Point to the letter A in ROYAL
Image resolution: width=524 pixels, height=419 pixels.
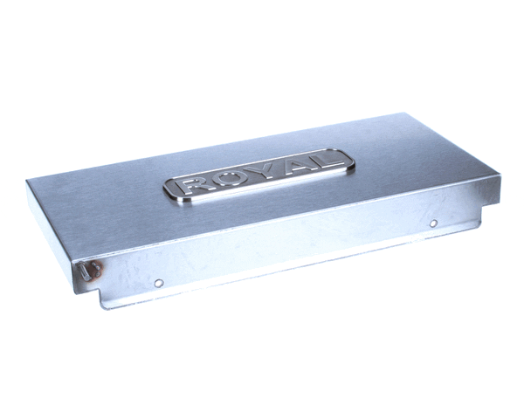[x=290, y=168]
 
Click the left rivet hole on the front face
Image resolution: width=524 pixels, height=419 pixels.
[x=158, y=283]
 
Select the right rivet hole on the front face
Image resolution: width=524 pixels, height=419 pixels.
[x=433, y=223]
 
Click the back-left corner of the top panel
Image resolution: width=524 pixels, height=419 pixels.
[x=28, y=181]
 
